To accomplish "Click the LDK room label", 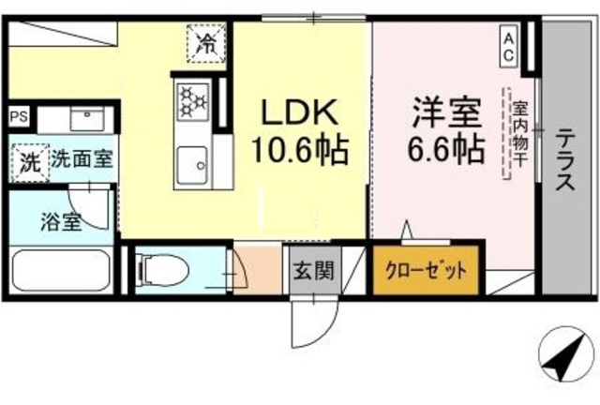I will click(299, 114).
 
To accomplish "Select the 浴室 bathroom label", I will click(61, 223).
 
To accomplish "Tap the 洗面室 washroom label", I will click(82, 158).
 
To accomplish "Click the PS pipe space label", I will click(18, 116).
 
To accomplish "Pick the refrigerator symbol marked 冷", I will click(205, 41).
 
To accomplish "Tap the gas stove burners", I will click(193, 100).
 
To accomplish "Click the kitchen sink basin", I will click(193, 165).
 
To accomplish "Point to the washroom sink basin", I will click(88, 119).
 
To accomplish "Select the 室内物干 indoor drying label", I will click(518, 131).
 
